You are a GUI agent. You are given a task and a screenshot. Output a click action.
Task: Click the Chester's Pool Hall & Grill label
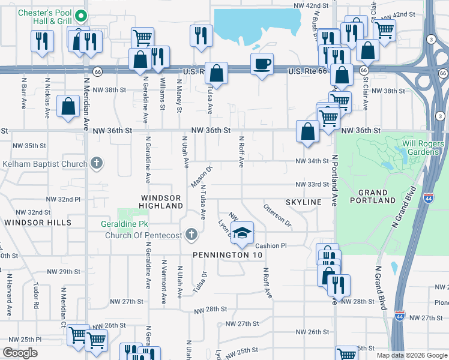click(x=45, y=17)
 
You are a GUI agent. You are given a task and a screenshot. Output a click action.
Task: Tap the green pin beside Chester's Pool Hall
click(x=83, y=17)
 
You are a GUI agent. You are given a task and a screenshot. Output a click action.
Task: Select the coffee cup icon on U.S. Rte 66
click(x=262, y=64)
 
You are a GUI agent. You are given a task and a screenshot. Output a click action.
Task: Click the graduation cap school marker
click(x=243, y=233)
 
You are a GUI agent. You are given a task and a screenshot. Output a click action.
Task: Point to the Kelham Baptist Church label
click(x=46, y=163)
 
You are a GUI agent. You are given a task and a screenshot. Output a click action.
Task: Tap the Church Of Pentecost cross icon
click(x=191, y=234)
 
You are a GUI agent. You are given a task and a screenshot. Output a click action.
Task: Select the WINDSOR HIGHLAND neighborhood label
click(x=161, y=202)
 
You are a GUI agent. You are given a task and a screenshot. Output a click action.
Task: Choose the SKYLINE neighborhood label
click(x=304, y=202)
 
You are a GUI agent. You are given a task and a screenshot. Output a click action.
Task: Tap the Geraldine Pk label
click(x=125, y=224)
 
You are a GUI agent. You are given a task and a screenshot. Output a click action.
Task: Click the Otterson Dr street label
click(x=277, y=215)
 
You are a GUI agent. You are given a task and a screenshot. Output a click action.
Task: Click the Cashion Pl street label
click(x=271, y=246)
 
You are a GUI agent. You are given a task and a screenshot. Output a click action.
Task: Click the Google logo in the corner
click(x=20, y=353)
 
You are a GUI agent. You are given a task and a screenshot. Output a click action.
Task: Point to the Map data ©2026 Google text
click(x=412, y=355)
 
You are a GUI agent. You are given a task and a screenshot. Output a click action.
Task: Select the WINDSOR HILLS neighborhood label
click(x=38, y=222)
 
